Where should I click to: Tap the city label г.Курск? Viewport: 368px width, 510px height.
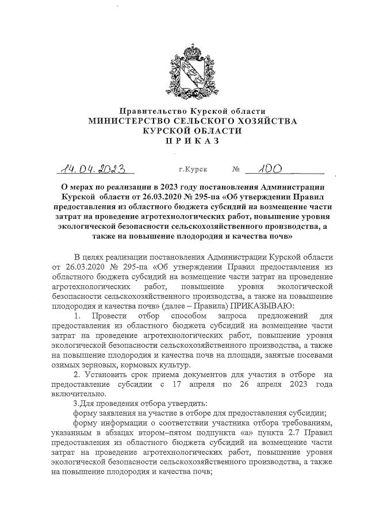(x=194, y=170)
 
